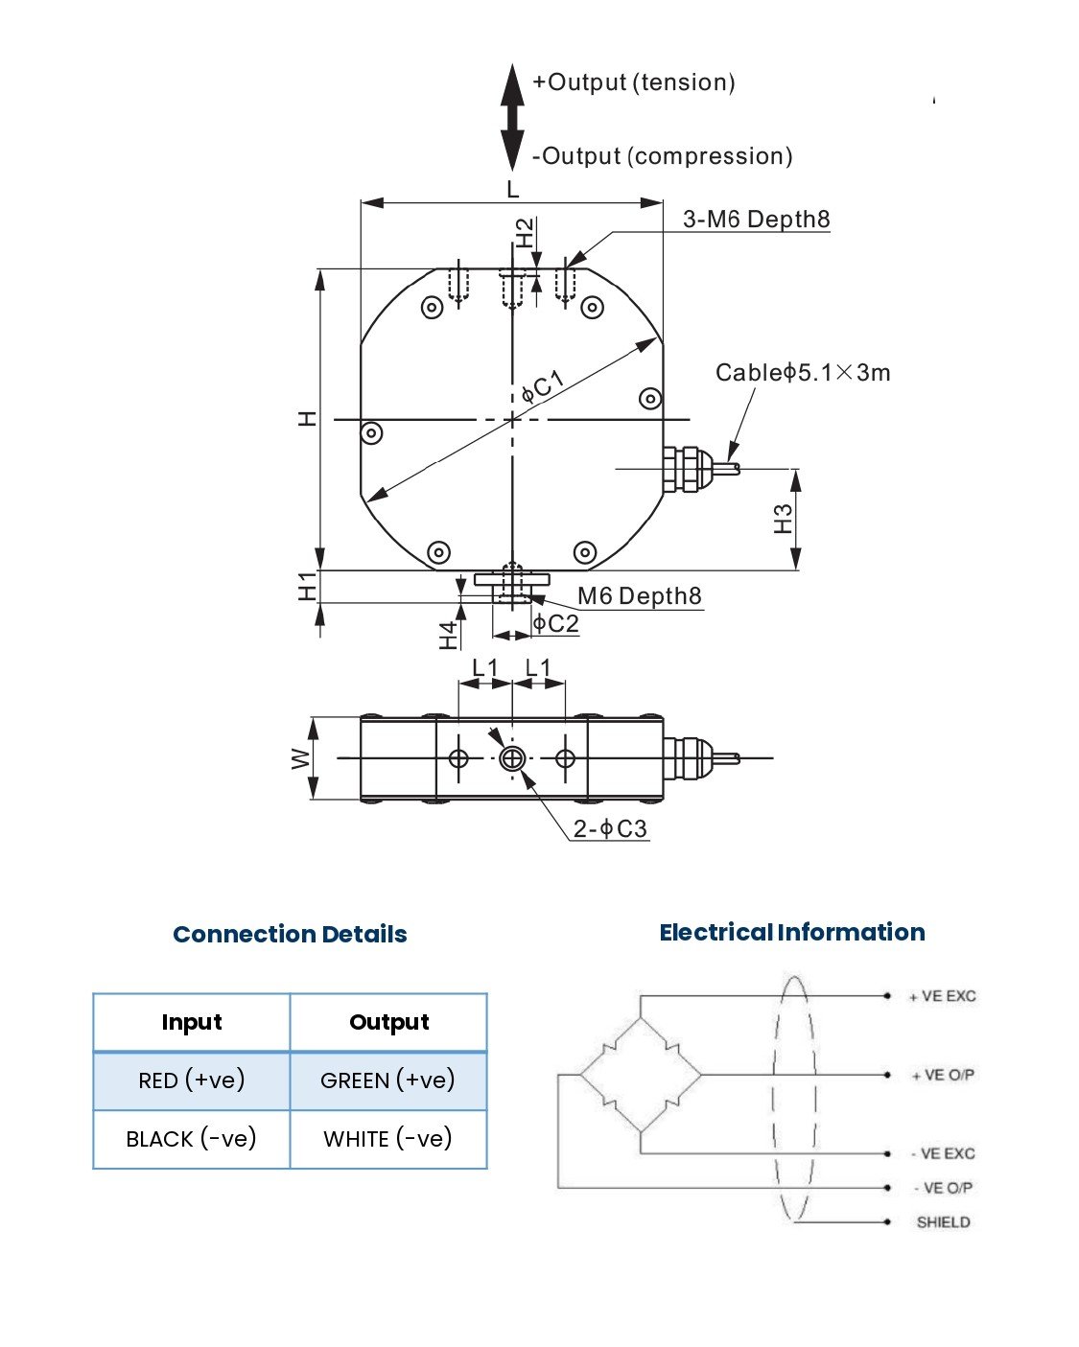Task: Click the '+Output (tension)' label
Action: point(634,82)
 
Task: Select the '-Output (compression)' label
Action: point(662,156)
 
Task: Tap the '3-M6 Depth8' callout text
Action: point(756,220)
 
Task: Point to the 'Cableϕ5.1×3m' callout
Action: point(803,373)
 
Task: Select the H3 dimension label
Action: point(784,519)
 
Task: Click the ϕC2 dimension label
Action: point(556,624)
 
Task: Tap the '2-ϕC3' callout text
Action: point(610,829)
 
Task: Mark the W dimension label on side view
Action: point(301,758)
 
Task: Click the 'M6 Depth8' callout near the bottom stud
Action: point(639,596)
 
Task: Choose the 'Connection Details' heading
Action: point(290,935)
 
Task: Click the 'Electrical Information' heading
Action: point(791,933)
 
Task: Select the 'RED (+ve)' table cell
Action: point(192,1080)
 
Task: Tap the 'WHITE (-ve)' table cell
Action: point(387,1139)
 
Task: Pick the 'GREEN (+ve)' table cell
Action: point(387,1080)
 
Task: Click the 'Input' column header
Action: point(192,1022)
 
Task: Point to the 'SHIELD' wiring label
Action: point(943,1222)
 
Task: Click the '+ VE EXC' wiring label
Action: point(942,996)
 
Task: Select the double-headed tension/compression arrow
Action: point(513,117)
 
